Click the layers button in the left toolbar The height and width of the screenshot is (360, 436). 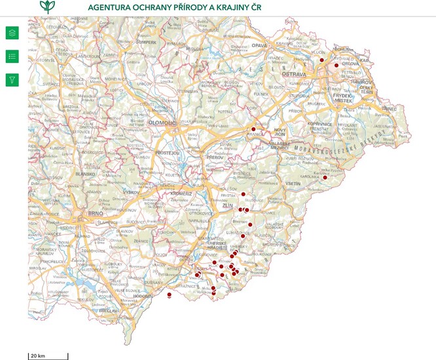tap(12, 33)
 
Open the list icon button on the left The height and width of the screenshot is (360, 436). tap(12, 56)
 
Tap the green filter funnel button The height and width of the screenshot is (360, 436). tap(12, 80)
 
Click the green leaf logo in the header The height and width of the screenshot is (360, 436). tap(48, 7)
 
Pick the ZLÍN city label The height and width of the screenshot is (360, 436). tap(228, 206)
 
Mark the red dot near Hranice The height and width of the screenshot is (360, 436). tap(253, 130)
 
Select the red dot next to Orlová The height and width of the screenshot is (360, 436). tap(336, 65)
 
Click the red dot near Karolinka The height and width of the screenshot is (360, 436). tap(324, 175)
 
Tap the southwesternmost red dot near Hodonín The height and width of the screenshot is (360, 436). tap(170, 295)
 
